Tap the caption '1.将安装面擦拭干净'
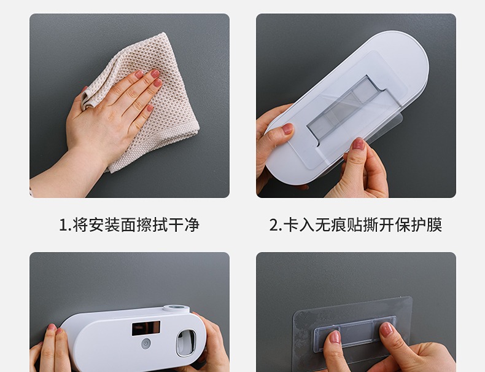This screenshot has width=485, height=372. pos(130,224)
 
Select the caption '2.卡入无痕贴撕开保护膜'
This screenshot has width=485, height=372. pos(355,224)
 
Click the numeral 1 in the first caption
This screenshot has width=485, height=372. pos(63,225)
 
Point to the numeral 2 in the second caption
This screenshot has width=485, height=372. pos(274,225)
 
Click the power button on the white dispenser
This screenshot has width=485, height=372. pos(145,344)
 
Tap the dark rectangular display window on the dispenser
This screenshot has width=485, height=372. pos(146,328)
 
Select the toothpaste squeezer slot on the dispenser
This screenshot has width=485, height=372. pos(186,342)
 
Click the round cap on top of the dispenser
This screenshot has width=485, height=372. pos(176,309)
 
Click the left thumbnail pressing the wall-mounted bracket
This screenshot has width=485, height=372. pos(335,337)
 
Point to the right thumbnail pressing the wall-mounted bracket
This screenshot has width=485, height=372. pos(386,329)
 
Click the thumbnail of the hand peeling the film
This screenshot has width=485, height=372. pos(359,143)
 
